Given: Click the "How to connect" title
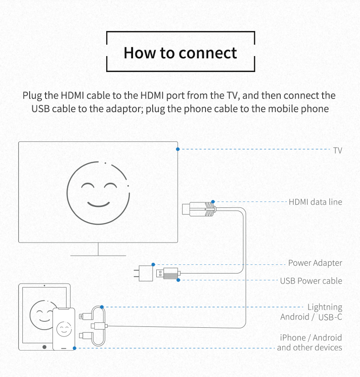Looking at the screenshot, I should pos(180,52).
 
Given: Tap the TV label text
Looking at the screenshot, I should pos(337,150).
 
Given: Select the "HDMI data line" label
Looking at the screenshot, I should pos(315,201).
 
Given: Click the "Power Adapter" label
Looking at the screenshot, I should pos(315,263).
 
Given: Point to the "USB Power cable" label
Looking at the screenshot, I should pos(311,281).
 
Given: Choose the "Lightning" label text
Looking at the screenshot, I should pos(324,307).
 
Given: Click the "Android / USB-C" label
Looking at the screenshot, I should pos(311,317).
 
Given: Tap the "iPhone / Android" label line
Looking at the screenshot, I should pos(311,338).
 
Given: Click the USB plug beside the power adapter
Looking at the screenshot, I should pos(168,274).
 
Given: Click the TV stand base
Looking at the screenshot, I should pos(98,255).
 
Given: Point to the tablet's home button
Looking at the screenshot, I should pos(44,346).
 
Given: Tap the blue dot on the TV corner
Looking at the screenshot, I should pos(178,149).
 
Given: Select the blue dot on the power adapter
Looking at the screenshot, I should pos(154,264).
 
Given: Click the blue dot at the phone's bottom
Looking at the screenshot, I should pos(75,348).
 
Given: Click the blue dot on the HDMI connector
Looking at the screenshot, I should pos(213,201).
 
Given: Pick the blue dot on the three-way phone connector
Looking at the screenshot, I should pos(102,307).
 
